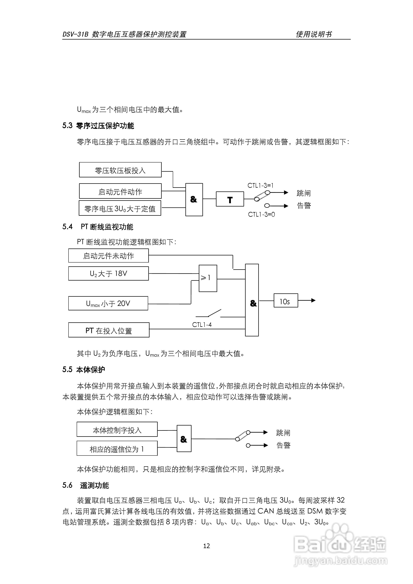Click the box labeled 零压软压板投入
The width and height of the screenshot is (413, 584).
tap(120, 170)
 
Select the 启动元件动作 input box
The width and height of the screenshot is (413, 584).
tap(120, 191)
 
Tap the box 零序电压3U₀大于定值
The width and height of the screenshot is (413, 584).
tap(120, 208)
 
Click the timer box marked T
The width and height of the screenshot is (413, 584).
tap(230, 199)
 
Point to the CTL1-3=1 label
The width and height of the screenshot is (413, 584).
tap(260, 185)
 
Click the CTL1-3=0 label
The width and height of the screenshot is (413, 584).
tap(261, 214)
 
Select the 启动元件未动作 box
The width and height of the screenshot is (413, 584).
tap(108, 256)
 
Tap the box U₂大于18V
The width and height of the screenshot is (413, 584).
tap(108, 273)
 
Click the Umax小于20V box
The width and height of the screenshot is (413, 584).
tap(108, 303)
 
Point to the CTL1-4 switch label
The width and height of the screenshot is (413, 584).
tap(202, 325)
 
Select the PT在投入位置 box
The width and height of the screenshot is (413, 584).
tap(109, 330)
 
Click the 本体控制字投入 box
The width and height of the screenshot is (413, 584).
tap(117, 430)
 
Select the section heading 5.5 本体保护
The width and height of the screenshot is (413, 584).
tap(84, 370)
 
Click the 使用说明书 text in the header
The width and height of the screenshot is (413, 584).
tap(314, 34)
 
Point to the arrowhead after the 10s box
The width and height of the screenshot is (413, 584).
tap(313, 300)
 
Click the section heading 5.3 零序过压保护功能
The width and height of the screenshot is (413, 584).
tap(98, 126)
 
